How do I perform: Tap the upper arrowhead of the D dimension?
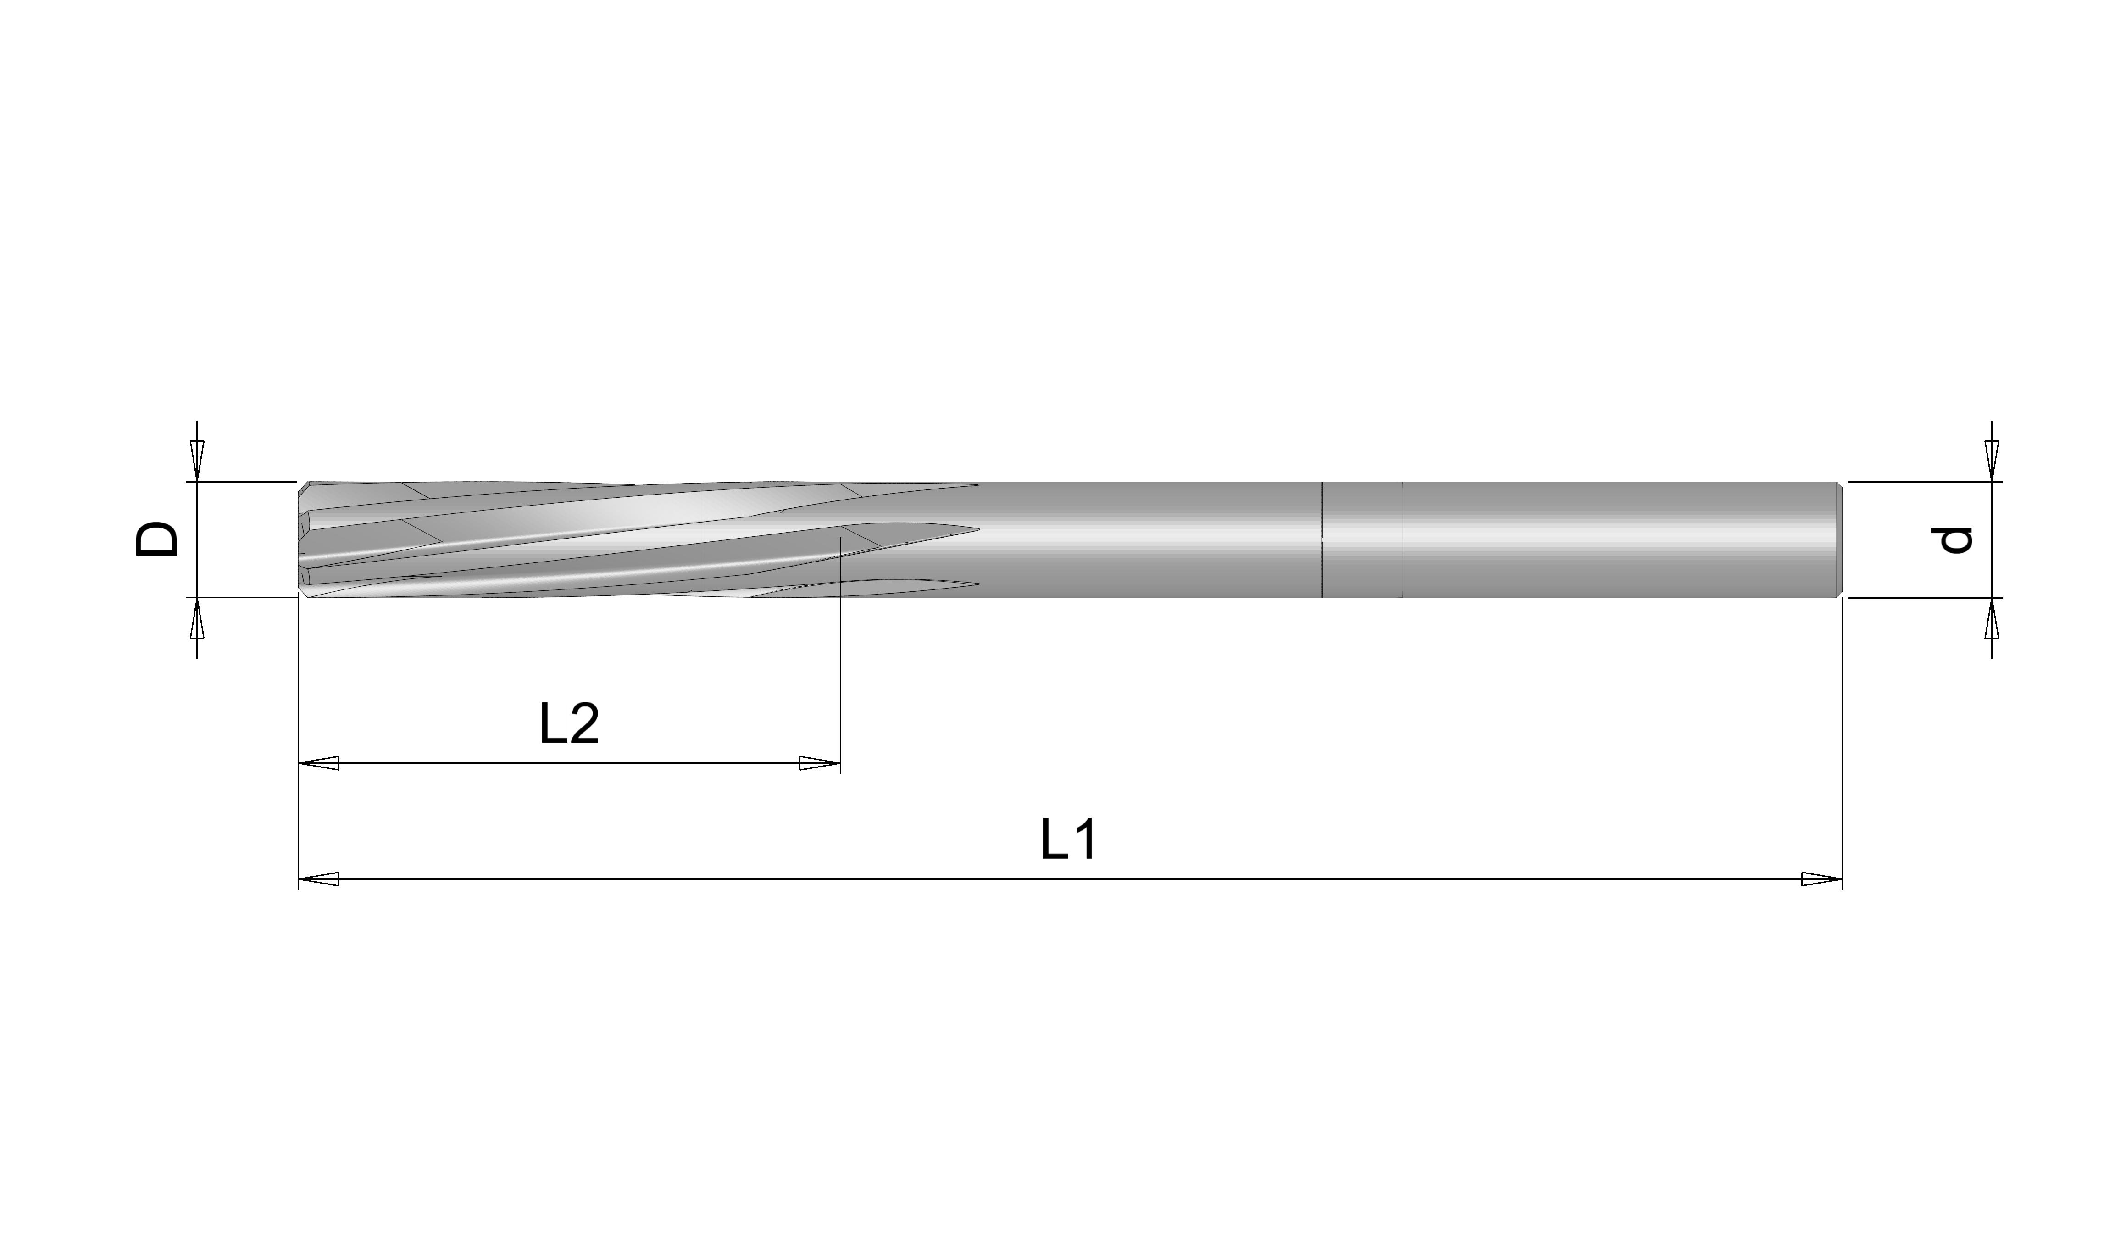tap(197, 462)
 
